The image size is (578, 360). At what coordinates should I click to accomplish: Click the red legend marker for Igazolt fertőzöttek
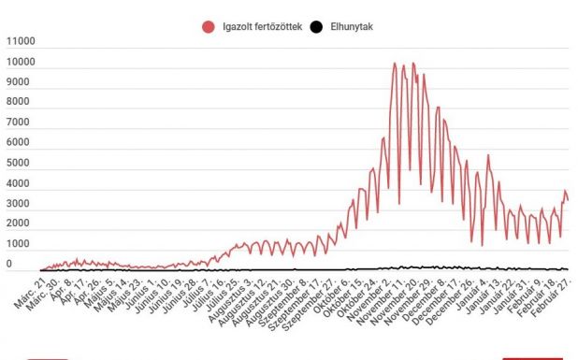coord(208,27)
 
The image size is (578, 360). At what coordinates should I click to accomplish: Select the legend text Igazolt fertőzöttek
coord(258,27)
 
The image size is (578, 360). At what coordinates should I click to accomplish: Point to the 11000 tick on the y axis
coord(20,42)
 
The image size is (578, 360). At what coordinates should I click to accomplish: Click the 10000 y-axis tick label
coord(20,63)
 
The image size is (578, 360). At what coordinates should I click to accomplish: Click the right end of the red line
coord(568,201)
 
